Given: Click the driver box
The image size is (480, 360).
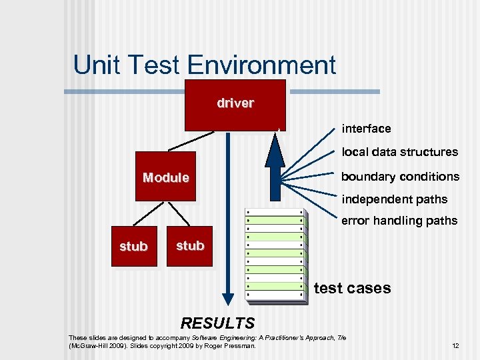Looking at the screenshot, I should [235, 105].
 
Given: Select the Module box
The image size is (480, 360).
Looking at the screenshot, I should [165, 177].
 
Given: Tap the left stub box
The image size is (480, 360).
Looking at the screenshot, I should [133, 246].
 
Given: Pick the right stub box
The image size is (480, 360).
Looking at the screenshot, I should [190, 246].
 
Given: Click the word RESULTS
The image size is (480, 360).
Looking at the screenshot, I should [217, 324].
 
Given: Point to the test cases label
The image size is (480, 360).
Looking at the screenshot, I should [352, 288].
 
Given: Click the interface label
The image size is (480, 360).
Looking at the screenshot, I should [366, 128].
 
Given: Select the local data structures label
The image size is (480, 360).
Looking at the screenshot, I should [399, 152].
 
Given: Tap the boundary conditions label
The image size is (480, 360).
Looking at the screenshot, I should [400, 177].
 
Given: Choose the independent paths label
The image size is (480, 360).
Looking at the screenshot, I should [394, 199].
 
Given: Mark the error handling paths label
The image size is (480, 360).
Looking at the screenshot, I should [399, 221].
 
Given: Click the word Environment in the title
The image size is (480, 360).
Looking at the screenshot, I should [261, 65].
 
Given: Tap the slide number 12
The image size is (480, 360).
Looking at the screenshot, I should [455, 346].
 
